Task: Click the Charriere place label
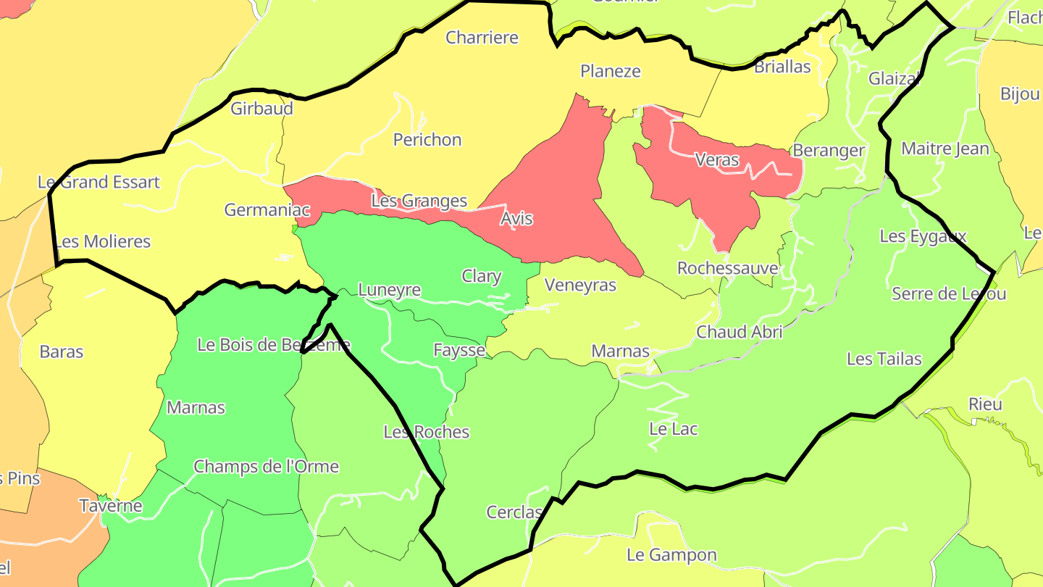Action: coord(482,38)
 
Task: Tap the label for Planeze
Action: coord(611,71)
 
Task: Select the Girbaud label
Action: coord(261,109)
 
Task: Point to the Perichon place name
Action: coord(427,140)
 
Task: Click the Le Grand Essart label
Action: coord(99,182)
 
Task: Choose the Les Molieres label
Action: coord(102,241)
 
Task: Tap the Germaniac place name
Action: coord(267,210)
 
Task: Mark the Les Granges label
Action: coord(419,201)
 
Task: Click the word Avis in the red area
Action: coord(516,218)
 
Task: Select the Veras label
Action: coord(716,159)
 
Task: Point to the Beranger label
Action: coord(829,151)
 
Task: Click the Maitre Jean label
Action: coord(944,149)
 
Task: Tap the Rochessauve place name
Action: coord(727,268)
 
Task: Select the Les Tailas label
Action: coord(884,359)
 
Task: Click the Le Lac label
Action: coord(673,429)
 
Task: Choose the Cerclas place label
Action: coord(514,512)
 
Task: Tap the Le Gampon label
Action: coord(671,556)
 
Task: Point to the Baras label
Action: coord(62,352)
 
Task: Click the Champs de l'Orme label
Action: coord(266,466)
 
